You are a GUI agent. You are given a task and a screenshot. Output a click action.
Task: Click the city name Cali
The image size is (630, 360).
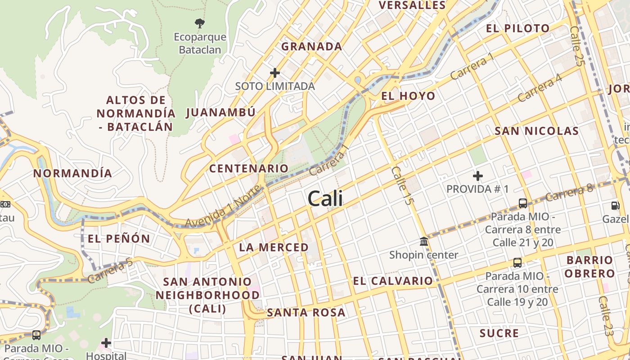coord(325,198)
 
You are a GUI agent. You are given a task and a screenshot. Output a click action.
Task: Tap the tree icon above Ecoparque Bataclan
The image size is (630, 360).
coord(200,23)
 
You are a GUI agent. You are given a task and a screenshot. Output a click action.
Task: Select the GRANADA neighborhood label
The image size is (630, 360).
coord(311,46)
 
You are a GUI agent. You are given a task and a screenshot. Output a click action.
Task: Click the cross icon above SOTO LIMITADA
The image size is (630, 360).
coord(274,73)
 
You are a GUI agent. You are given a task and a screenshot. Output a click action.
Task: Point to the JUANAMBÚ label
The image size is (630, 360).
coord(220,112)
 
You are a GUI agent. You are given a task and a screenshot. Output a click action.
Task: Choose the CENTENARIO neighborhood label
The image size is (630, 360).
coord(248,168)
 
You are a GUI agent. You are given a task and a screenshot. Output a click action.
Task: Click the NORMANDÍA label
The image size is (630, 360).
coord(72,173)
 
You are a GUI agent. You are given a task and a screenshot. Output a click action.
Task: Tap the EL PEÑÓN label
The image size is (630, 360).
coord(119,238)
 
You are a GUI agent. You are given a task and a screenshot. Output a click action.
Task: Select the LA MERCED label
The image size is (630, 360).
coord(274,247)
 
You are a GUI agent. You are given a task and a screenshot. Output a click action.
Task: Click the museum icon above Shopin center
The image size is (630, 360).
coord(423,242)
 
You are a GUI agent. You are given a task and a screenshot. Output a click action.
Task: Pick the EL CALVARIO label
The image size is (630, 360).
coord(392,281)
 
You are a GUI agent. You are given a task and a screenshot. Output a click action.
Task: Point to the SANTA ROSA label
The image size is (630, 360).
coord(306,312)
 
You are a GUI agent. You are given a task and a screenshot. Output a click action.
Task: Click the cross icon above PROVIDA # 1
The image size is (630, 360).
coord(478,176)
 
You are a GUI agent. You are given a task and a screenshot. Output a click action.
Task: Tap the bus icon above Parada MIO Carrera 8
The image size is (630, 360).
coord(523,203)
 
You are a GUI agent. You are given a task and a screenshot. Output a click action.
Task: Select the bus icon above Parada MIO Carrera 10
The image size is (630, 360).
coord(517,262)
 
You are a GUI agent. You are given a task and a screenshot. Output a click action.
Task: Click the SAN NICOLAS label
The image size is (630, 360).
coord(536,131)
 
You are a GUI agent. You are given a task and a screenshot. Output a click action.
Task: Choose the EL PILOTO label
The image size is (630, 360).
coord(517,28)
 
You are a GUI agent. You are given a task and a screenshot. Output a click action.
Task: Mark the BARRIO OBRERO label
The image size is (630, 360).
coord(589,266)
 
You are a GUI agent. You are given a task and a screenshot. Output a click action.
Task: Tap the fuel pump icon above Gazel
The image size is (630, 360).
coord(615,206)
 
